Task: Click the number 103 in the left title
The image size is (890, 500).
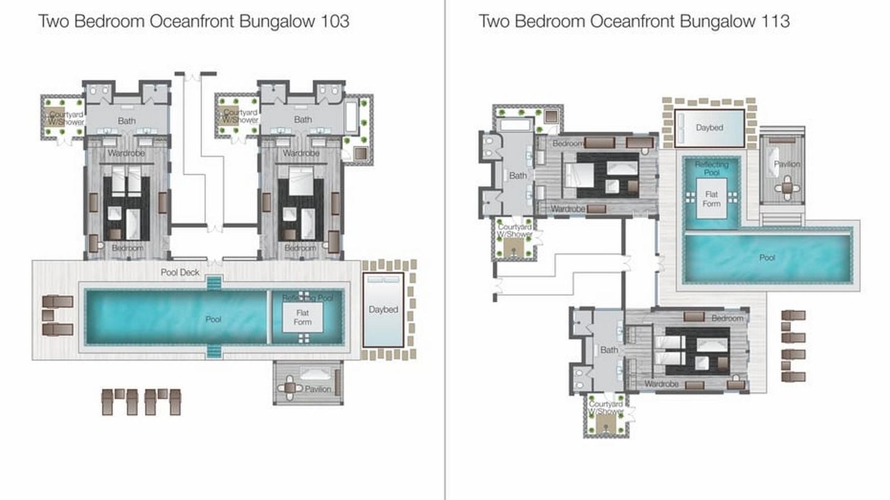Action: [335, 22]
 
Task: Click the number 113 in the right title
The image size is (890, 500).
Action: [777, 22]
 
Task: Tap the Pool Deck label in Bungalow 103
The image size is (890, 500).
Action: [180, 272]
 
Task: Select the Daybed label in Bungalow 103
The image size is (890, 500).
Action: [383, 309]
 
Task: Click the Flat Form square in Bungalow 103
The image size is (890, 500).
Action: [303, 318]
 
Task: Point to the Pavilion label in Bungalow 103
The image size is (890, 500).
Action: [318, 389]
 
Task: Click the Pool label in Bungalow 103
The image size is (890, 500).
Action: [213, 319]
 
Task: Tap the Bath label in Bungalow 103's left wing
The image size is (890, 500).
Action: [126, 121]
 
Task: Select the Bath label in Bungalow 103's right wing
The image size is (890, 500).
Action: [303, 119]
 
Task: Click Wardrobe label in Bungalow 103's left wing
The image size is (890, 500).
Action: [126, 153]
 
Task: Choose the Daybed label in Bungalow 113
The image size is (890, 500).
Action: [709, 127]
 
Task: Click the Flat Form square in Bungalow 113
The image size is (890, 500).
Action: [711, 199]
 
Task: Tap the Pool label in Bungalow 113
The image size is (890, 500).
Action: [767, 258]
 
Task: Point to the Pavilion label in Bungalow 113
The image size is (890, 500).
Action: [787, 164]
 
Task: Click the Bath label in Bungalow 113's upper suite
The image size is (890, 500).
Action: [518, 176]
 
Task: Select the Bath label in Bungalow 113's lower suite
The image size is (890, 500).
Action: [609, 350]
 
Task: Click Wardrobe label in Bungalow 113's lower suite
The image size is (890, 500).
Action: [661, 384]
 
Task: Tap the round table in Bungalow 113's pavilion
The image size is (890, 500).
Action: [787, 188]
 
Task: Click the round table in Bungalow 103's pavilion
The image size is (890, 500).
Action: [290, 387]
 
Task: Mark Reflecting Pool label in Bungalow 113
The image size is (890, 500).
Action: [711, 168]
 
